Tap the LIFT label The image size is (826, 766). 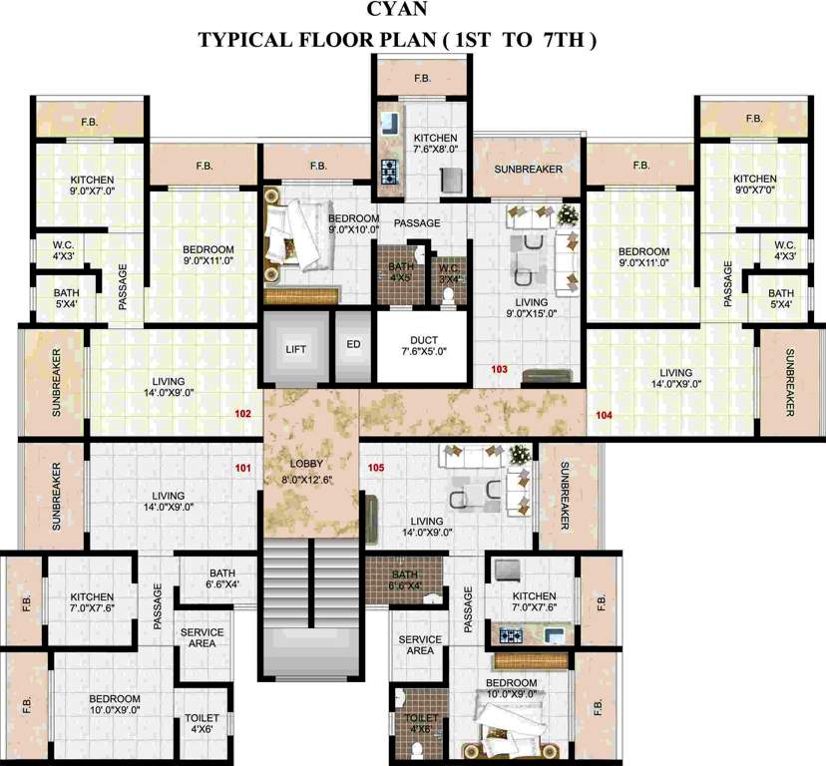(x=296, y=349)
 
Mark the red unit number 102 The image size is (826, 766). (x=241, y=412)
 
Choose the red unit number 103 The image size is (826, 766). (x=500, y=369)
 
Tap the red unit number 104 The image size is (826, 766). (x=604, y=414)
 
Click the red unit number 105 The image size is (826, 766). (x=375, y=467)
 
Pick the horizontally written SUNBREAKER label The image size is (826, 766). (x=528, y=169)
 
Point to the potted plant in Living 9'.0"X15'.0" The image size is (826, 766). (x=567, y=214)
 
